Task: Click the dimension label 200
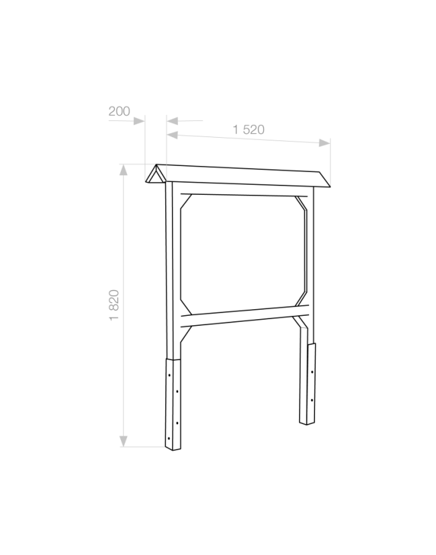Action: pos(120,111)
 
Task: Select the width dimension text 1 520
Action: pos(249,130)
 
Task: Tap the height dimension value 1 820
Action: pos(114,305)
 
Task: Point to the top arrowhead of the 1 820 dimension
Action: pos(123,170)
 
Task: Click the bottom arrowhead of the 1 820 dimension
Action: pos(123,441)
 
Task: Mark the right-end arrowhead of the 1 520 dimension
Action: pos(324,142)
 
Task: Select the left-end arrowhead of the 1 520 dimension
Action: pos(173,135)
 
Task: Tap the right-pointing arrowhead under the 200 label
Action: pos(139,121)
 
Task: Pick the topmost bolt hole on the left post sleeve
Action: pos(169,375)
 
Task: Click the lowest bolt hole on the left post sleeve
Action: pos(169,438)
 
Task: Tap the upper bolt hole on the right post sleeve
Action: pos(312,372)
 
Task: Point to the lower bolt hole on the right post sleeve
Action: pos(312,400)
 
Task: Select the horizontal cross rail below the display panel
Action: pos(245,316)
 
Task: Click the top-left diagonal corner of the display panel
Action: pos(186,202)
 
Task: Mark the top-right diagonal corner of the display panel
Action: pos(301,203)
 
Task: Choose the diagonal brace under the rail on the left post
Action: pos(186,335)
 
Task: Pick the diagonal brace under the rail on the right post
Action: pos(300,322)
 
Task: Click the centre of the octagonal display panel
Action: pos(243,254)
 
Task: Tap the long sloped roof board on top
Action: pos(243,175)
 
